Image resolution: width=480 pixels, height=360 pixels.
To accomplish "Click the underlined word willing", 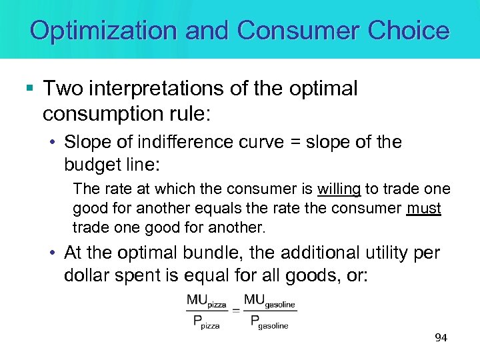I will (x=339, y=189).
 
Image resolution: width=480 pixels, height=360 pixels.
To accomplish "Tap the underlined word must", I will (x=424, y=208).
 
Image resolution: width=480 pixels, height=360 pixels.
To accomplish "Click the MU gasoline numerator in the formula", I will (x=269, y=301).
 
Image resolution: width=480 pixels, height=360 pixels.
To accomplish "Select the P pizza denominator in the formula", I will (x=206, y=324).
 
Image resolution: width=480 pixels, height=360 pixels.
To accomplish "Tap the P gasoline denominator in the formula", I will (x=269, y=324).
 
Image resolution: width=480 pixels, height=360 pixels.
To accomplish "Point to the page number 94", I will (x=441, y=338).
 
